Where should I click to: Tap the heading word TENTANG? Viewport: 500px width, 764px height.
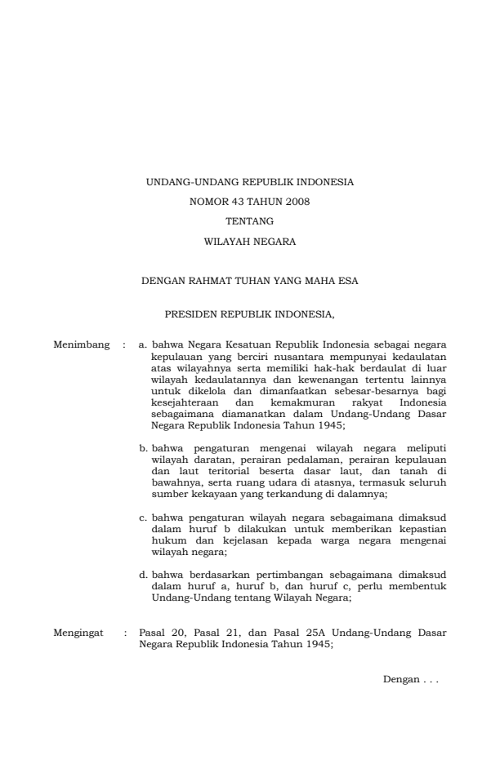coord(249,221)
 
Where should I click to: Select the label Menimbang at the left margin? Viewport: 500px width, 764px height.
coord(82,345)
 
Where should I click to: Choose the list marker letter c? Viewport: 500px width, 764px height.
coord(143,517)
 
